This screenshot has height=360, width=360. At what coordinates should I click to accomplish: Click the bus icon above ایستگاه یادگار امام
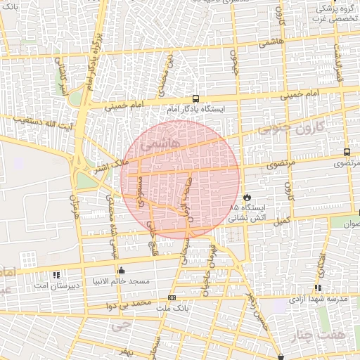[x=195, y=99]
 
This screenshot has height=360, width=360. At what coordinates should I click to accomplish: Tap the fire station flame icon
[x=247, y=197]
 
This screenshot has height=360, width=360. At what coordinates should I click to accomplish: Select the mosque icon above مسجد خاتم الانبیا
[x=122, y=269]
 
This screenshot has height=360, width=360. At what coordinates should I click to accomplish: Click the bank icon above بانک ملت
[x=172, y=297]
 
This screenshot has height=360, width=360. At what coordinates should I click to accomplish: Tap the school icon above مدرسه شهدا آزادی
[x=319, y=288]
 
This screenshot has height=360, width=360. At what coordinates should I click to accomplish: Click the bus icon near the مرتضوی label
[x=347, y=152]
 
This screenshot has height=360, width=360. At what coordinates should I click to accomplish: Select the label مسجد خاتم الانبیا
[x=124, y=281]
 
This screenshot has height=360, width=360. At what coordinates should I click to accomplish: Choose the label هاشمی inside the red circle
[x=160, y=145]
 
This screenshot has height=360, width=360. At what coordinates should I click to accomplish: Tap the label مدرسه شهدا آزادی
[x=321, y=300]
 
